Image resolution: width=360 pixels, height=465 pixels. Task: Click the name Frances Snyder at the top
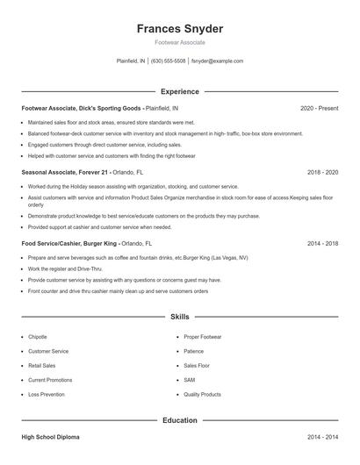pyautogui.click(x=179, y=28)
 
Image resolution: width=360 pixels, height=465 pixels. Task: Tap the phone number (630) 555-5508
pyautogui.click(x=169, y=61)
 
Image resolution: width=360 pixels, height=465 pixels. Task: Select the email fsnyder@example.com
pyautogui.click(x=217, y=61)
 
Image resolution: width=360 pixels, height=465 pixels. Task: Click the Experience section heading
pyautogui.click(x=180, y=91)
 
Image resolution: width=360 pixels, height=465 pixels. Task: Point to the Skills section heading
pyautogui.click(x=180, y=316)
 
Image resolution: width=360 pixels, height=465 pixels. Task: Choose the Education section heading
pyautogui.click(x=180, y=420)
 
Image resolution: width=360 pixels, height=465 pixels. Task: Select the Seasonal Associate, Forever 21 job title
pyautogui.click(x=64, y=173)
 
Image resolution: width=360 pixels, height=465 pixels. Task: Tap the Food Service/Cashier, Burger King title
pyautogui.click(x=69, y=243)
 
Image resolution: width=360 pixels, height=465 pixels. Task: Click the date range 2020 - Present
pyautogui.click(x=319, y=108)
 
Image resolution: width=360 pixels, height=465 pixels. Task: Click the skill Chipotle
pyautogui.click(x=38, y=337)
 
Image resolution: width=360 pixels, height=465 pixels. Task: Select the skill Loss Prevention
pyautogui.click(x=46, y=395)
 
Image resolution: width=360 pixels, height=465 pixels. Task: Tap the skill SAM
pyautogui.click(x=189, y=380)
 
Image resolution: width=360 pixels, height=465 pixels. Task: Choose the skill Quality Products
pyautogui.click(x=202, y=395)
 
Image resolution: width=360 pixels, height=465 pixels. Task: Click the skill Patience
pyautogui.click(x=194, y=351)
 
